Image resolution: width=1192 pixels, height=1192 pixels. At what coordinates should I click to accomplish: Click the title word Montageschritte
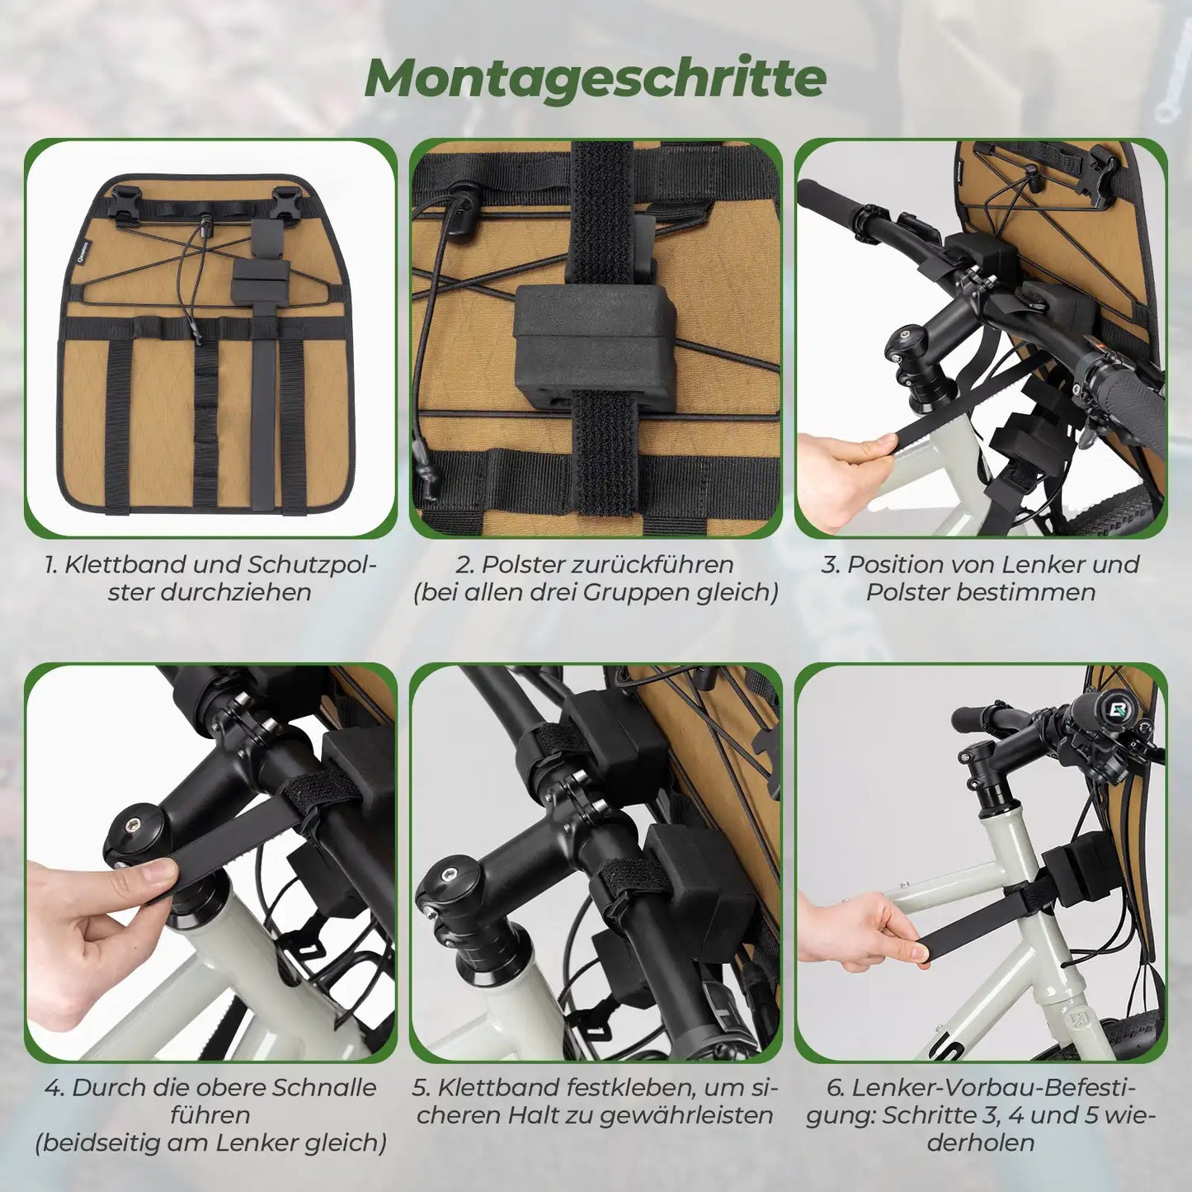point(595,78)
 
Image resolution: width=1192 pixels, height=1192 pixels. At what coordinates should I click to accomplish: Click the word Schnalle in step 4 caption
point(327,1088)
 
